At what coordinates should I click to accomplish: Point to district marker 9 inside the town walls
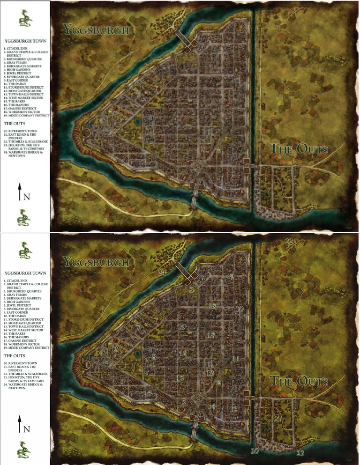[232, 277]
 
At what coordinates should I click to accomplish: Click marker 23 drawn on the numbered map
[300, 453]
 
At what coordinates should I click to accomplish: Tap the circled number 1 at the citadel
[86, 364]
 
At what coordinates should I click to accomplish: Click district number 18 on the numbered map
[212, 306]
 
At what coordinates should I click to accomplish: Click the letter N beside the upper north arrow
[27, 197]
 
